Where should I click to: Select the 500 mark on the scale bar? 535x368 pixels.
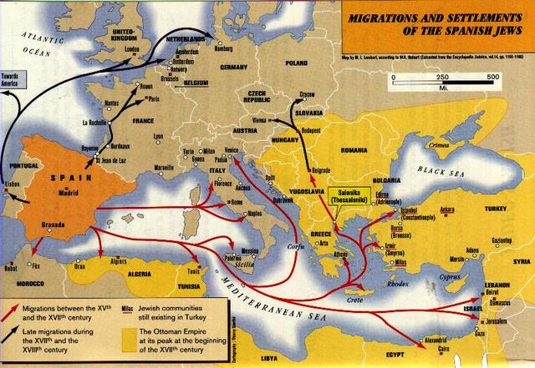click(x=493, y=77)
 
